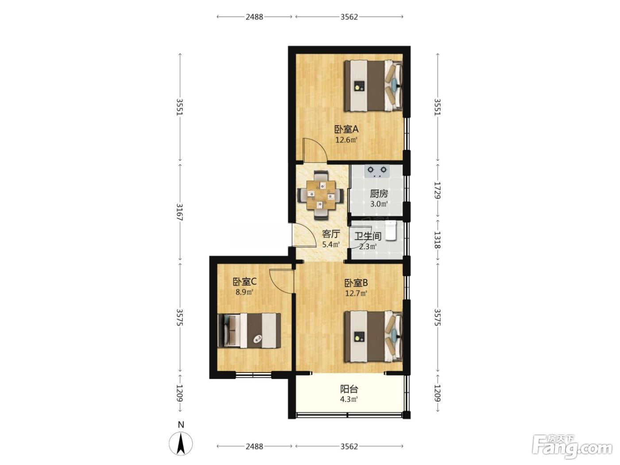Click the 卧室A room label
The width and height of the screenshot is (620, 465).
coord(346,130)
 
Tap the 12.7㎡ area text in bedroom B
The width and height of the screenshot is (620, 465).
coord(356,293)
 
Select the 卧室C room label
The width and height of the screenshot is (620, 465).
coord(244,282)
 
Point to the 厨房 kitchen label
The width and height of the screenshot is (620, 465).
coord(379,194)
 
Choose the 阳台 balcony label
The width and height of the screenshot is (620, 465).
coord(349,389)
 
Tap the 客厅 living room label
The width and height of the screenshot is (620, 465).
coord(331,234)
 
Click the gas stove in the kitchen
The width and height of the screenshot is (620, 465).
coord(377,171)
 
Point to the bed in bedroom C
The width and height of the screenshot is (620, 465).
coord(249,330)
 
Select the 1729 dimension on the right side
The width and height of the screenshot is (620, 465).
coord(437,190)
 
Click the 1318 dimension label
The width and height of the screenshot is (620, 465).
coord(437,240)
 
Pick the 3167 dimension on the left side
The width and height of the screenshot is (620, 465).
coord(180,212)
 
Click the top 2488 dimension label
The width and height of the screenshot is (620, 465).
coord(254,17)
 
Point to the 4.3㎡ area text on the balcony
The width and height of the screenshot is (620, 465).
coord(349,399)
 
